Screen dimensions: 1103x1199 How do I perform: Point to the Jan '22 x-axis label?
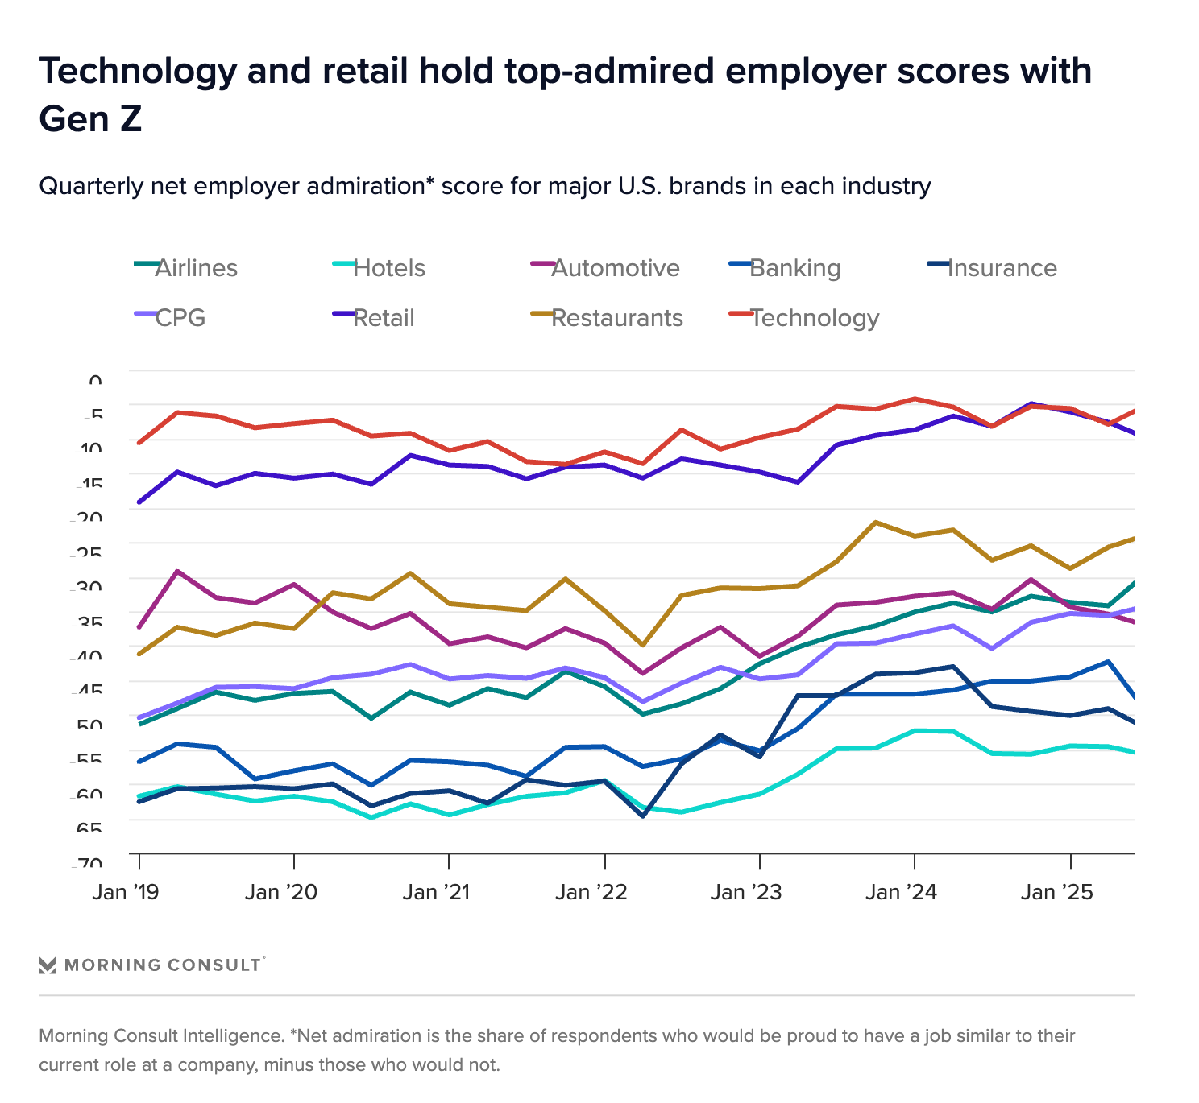[591, 893]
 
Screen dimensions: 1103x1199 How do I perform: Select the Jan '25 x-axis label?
[1056, 893]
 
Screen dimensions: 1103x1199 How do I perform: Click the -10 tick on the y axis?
[89, 448]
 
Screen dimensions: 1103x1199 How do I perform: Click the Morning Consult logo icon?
[48, 965]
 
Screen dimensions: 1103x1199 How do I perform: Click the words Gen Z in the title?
[90, 119]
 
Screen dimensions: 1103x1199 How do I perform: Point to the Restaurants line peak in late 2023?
[875, 523]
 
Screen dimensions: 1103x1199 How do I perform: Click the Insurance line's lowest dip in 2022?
[643, 816]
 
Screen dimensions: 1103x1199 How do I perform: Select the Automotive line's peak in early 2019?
[177, 571]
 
